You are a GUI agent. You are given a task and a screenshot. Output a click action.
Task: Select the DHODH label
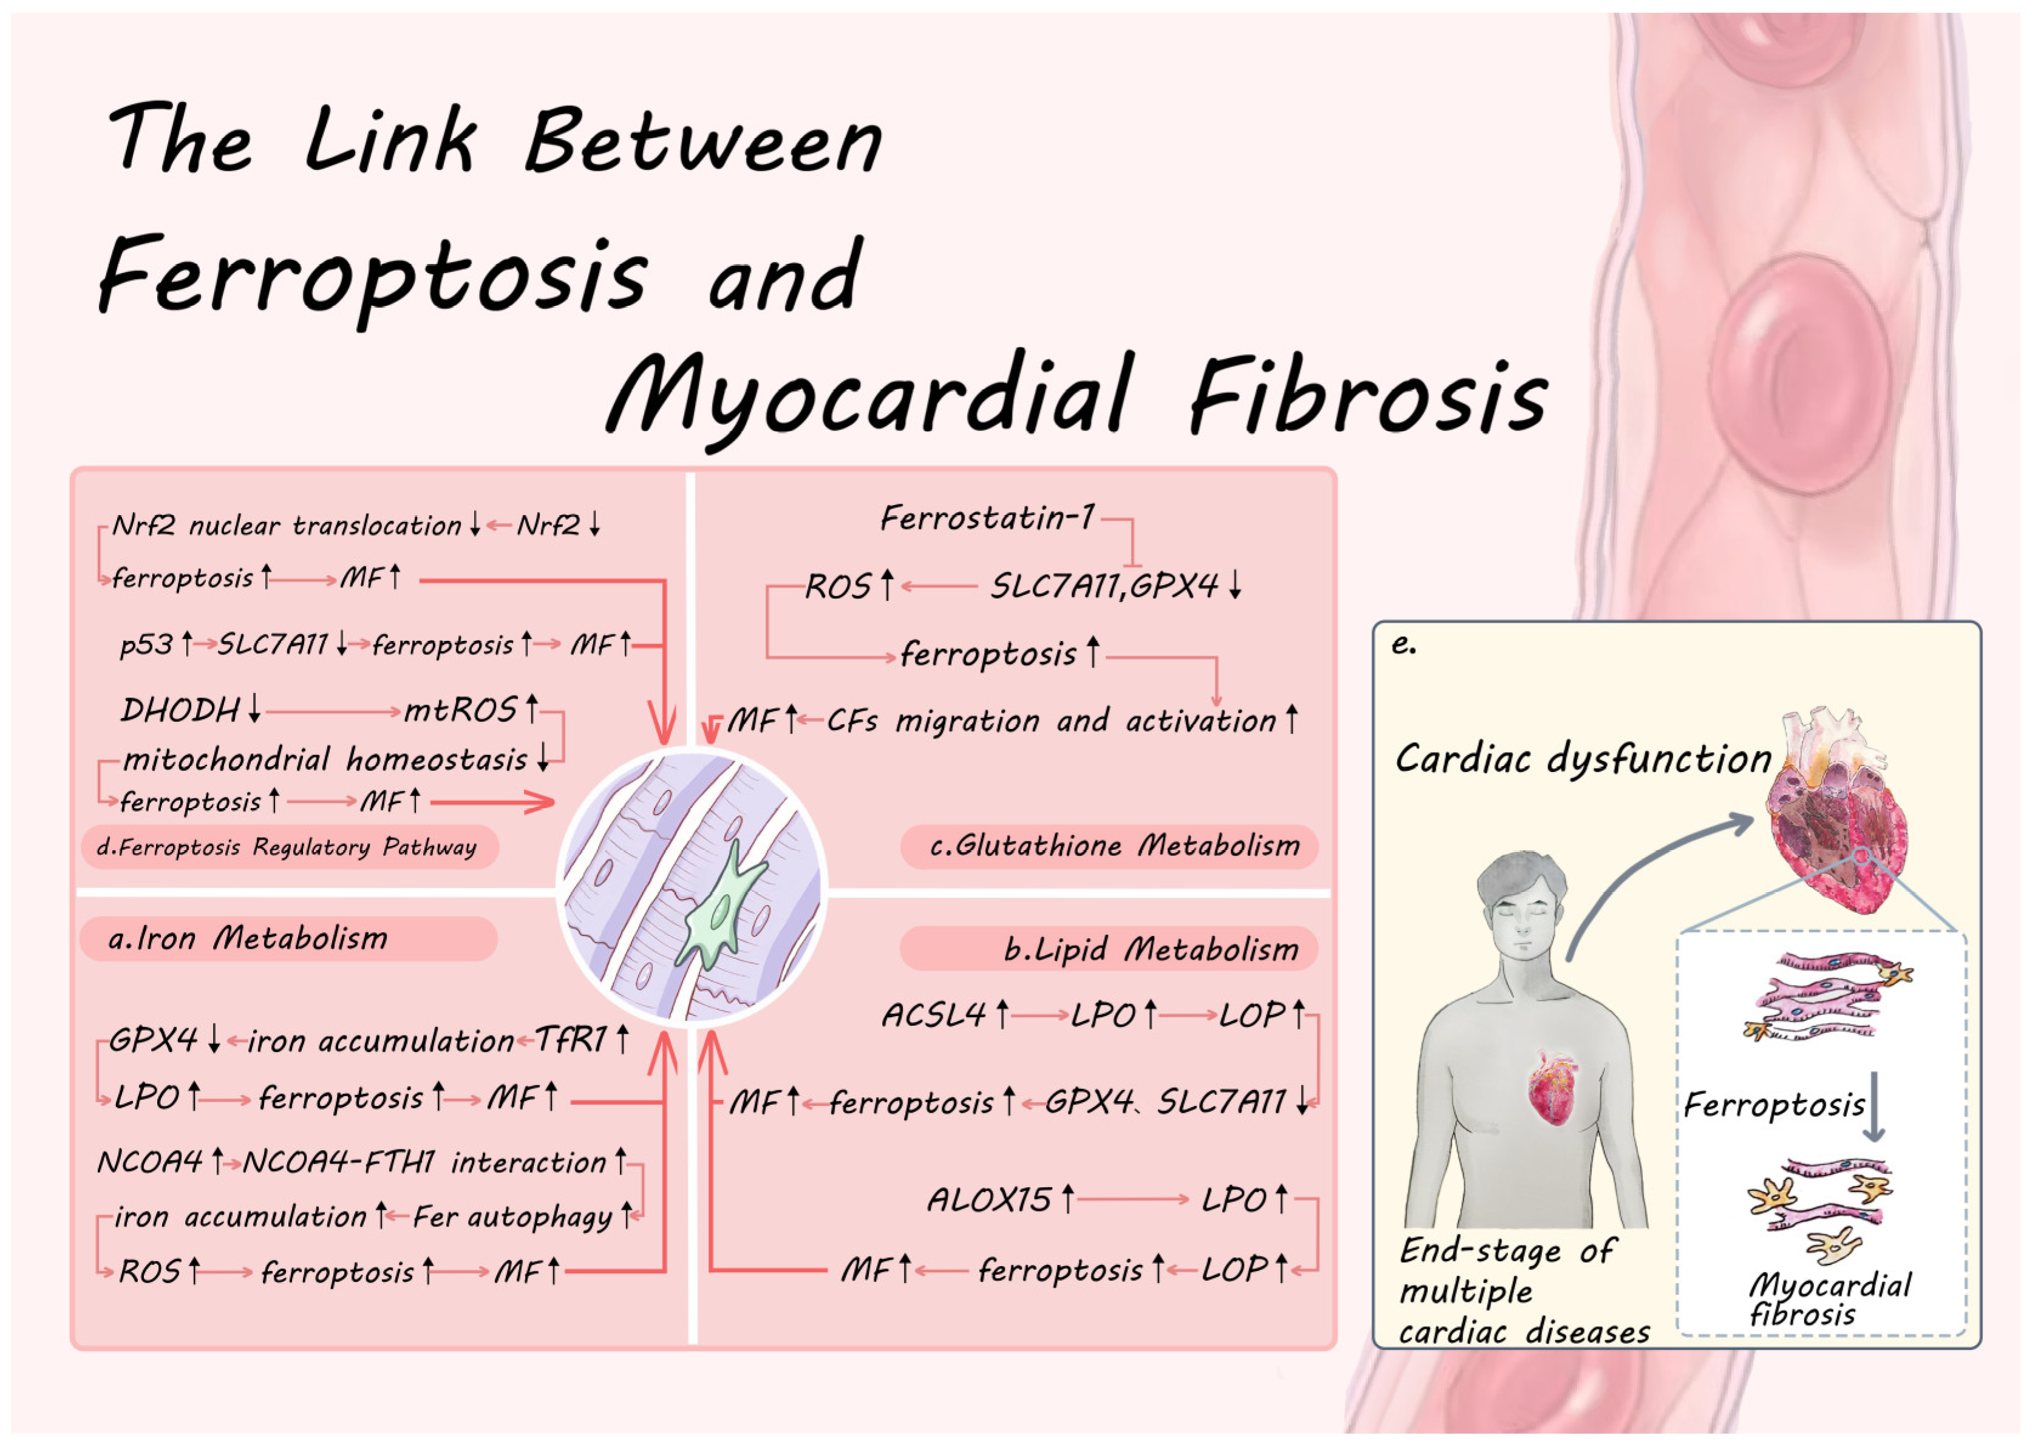click(x=180, y=710)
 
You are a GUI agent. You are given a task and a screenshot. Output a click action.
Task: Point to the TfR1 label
click(x=571, y=1039)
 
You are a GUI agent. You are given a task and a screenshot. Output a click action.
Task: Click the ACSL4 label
click(x=933, y=1014)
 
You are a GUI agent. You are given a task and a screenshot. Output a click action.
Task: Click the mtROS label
click(x=460, y=710)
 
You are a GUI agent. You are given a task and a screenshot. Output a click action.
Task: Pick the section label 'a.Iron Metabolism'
click(x=248, y=938)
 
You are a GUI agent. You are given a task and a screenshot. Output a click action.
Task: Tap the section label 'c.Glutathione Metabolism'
click(x=1114, y=845)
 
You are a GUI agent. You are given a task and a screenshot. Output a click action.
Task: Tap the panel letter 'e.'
click(x=1403, y=643)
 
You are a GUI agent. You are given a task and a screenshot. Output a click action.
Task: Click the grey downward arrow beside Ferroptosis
click(x=1874, y=1108)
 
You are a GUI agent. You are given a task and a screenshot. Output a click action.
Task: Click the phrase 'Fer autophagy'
click(x=512, y=1216)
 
